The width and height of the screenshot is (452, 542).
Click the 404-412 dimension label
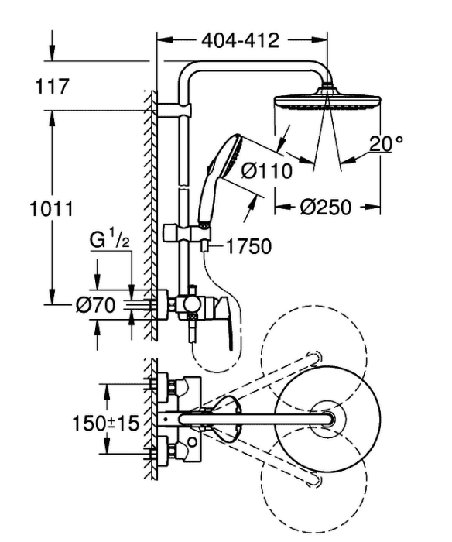pos(240,40)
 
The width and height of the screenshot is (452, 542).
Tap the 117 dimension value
pos(52,86)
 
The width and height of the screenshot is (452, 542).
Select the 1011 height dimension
pos(52,209)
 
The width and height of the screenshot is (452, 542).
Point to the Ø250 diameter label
pos(325,208)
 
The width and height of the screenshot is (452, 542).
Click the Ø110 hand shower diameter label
pos(266,171)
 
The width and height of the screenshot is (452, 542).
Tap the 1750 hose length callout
pos(248,246)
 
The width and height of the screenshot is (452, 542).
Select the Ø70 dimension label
pos(95,305)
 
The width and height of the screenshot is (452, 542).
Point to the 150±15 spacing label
pos(105,423)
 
